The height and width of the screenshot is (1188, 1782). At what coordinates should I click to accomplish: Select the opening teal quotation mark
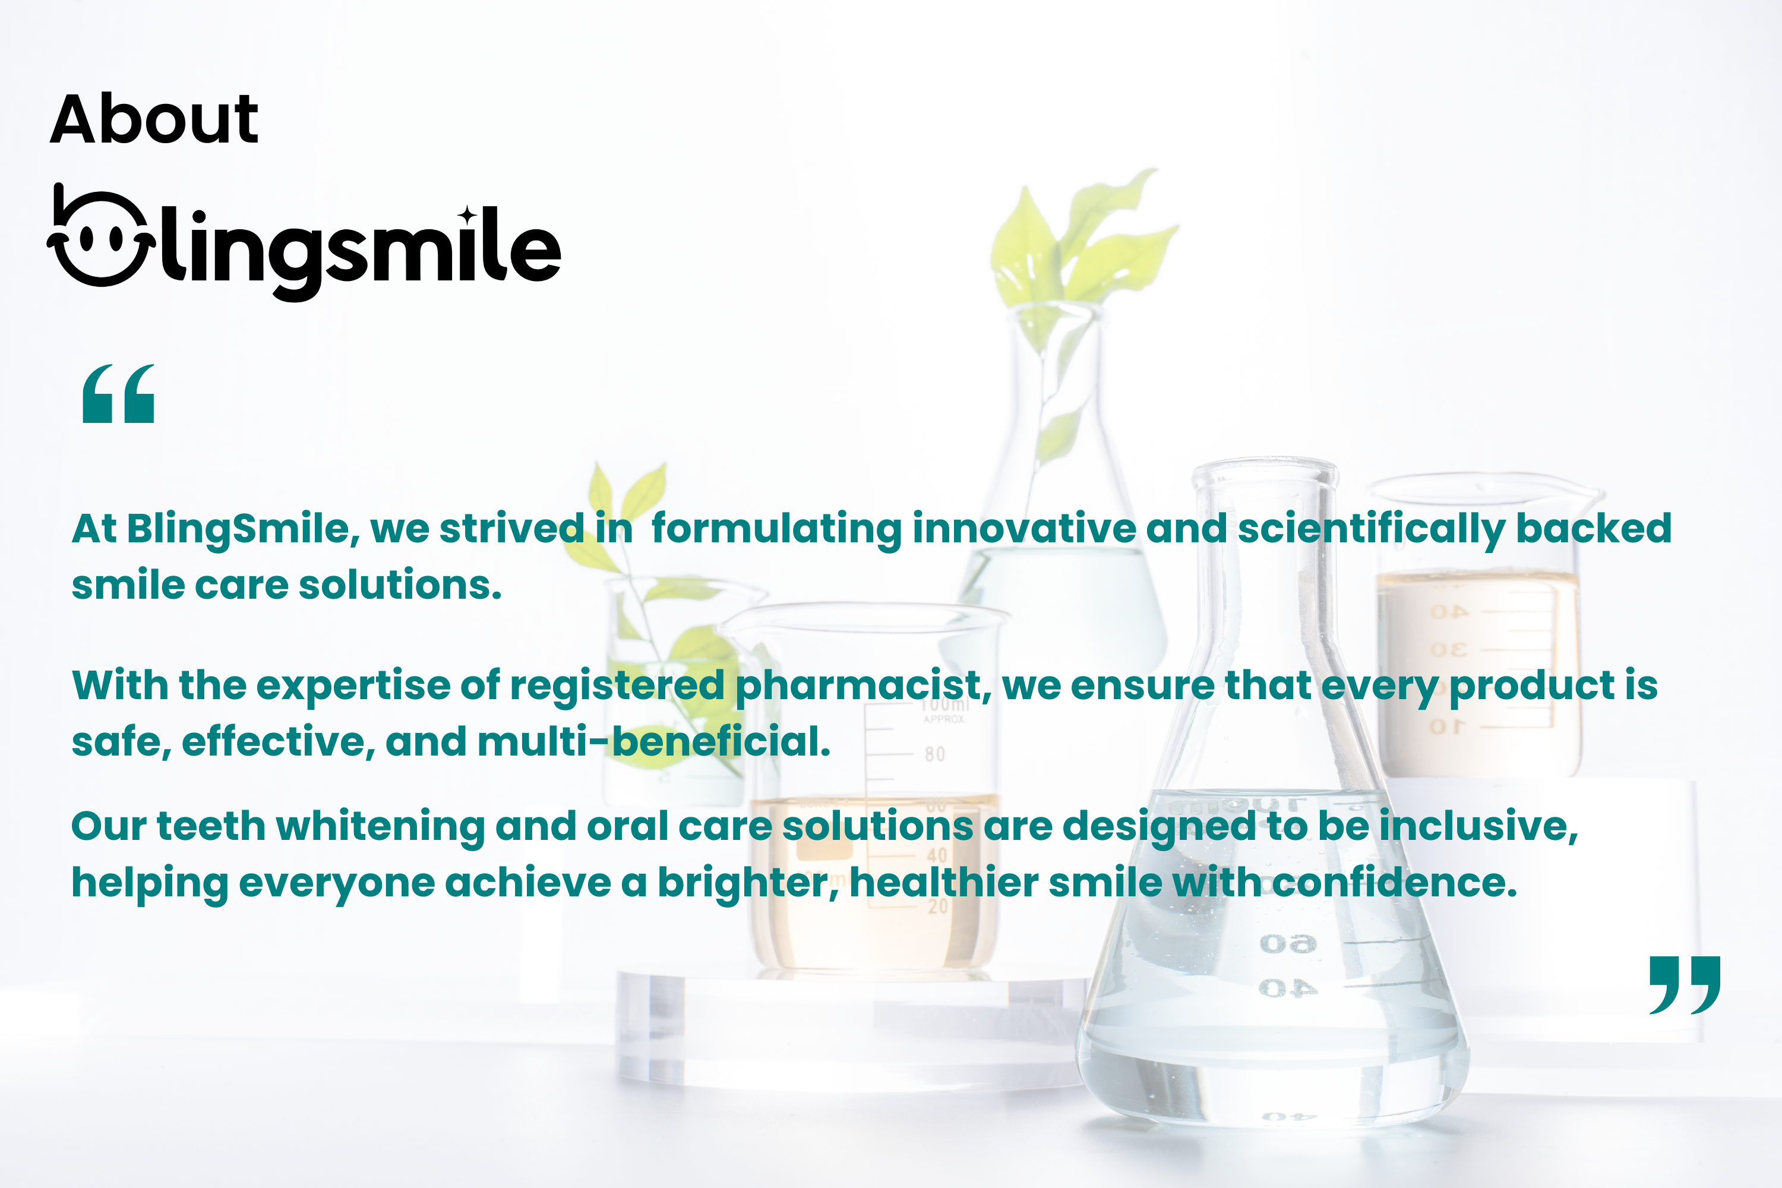[118, 393]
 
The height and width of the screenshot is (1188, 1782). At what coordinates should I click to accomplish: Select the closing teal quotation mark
[1685, 984]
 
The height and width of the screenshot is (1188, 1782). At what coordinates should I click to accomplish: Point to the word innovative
[1023, 528]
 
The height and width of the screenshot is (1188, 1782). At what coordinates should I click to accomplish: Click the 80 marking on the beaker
[935, 754]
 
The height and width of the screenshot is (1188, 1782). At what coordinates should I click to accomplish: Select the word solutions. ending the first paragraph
[400, 586]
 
